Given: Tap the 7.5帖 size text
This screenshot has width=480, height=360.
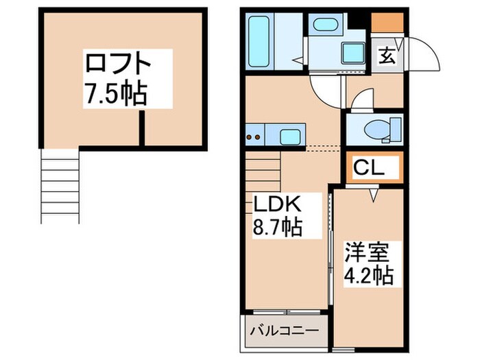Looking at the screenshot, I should pos(115,95).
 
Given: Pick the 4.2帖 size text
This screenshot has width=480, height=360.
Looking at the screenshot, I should pos(368,276).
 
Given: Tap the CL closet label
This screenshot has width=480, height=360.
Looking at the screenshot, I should pos(370,167).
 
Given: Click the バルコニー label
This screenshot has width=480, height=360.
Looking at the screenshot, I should pos(284,331).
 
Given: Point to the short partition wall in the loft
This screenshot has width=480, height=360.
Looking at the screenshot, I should pos(143,128).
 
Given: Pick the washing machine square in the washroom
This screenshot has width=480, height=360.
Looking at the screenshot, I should pos(354,51).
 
